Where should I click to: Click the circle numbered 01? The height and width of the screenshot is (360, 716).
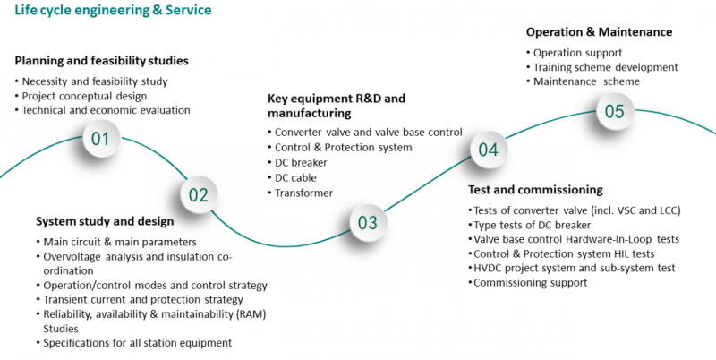point(99,139)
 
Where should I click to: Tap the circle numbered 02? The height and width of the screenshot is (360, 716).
point(198,194)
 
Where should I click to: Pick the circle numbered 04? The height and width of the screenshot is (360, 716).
point(488,150)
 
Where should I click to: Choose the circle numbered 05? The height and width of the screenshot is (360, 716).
point(614,112)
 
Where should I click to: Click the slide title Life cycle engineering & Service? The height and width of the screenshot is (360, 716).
point(106,11)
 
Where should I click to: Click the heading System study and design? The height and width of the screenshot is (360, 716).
point(105,221)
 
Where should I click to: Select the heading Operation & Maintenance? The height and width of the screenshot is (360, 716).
point(599,32)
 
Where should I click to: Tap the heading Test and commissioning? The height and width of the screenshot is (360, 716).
point(535,190)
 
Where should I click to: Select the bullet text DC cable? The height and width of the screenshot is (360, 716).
point(296,177)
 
